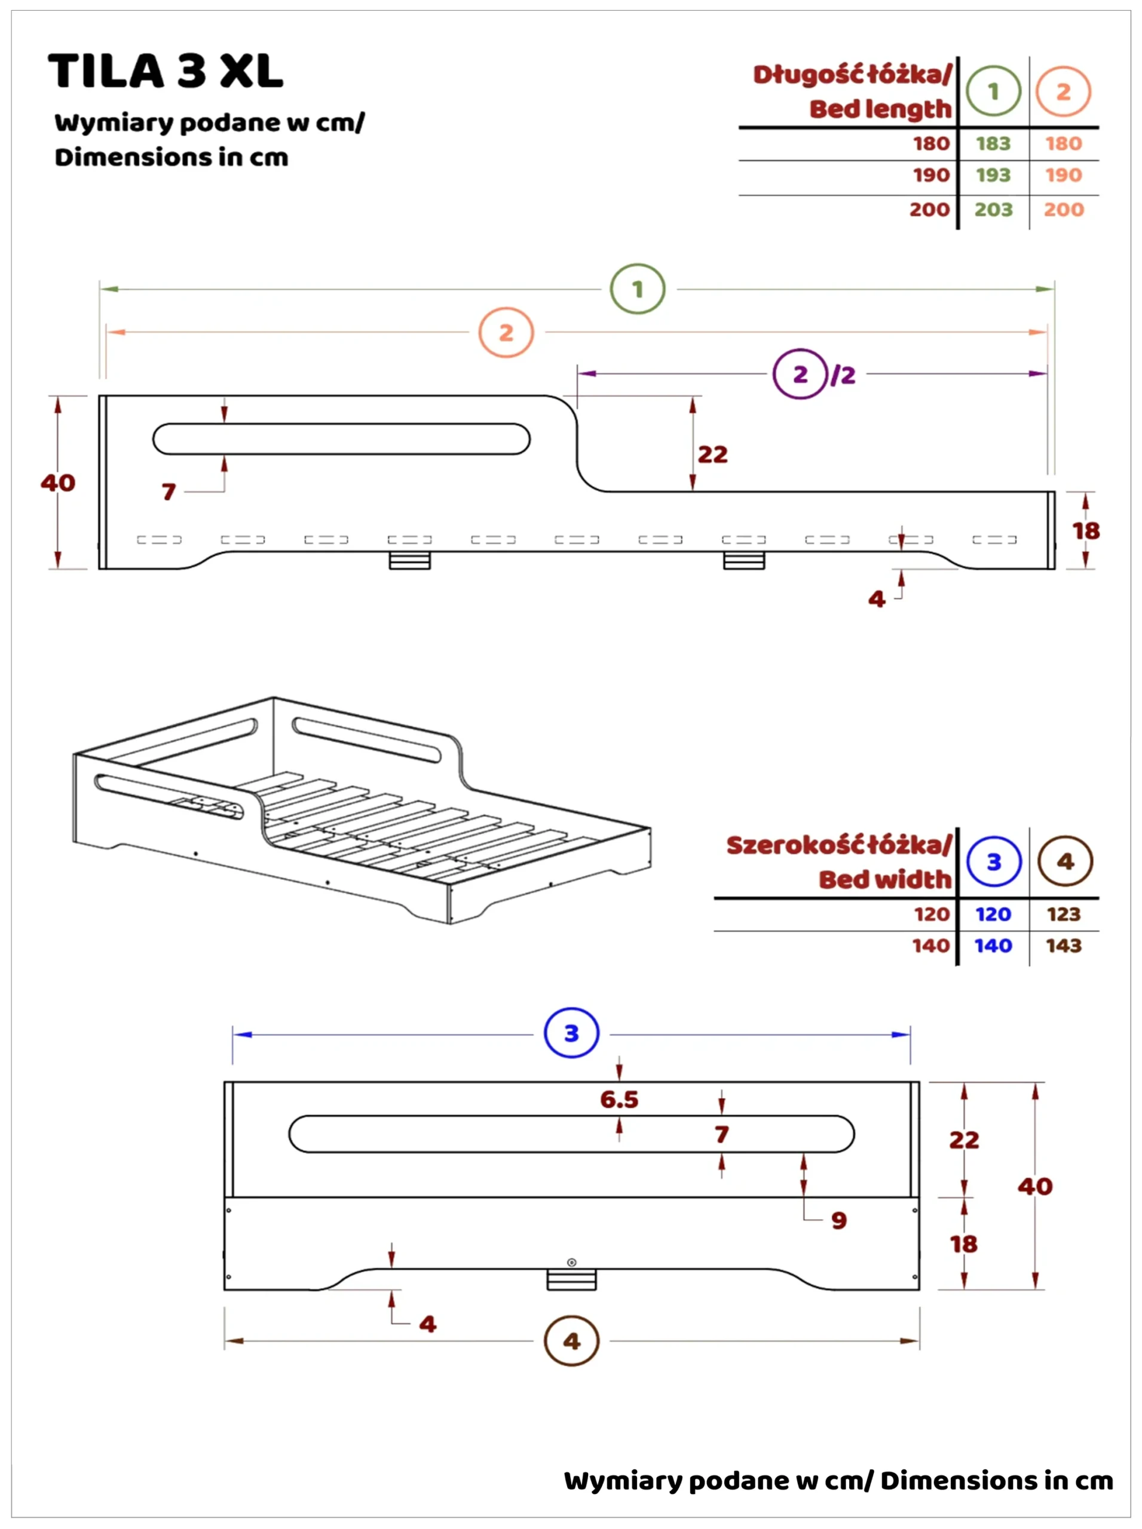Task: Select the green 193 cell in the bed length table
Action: coord(993,175)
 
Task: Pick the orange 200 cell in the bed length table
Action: coord(1063,210)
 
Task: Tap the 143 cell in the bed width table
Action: coord(1063,945)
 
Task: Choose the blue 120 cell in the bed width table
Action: coord(993,914)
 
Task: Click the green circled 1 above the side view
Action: coord(638,289)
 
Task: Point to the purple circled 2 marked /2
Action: coord(800,374)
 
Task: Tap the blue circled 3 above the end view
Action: coord(571,1033)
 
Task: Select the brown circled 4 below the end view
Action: coord(571,1341)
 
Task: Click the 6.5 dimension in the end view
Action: coord(619,1099)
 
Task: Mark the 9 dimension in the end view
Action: coord(838,1220)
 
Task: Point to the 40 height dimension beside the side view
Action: coord(58,482)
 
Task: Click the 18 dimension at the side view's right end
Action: coord(1085,530)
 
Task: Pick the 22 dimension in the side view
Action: coord(713,455)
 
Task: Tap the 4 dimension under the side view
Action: coord(877,598)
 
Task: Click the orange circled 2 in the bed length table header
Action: coord(1063,91)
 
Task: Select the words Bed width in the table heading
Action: coord(885,880)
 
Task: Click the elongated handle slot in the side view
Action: coord(341,439)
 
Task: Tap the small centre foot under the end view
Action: coord(571,1279)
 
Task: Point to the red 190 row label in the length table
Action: coord(930,175)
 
